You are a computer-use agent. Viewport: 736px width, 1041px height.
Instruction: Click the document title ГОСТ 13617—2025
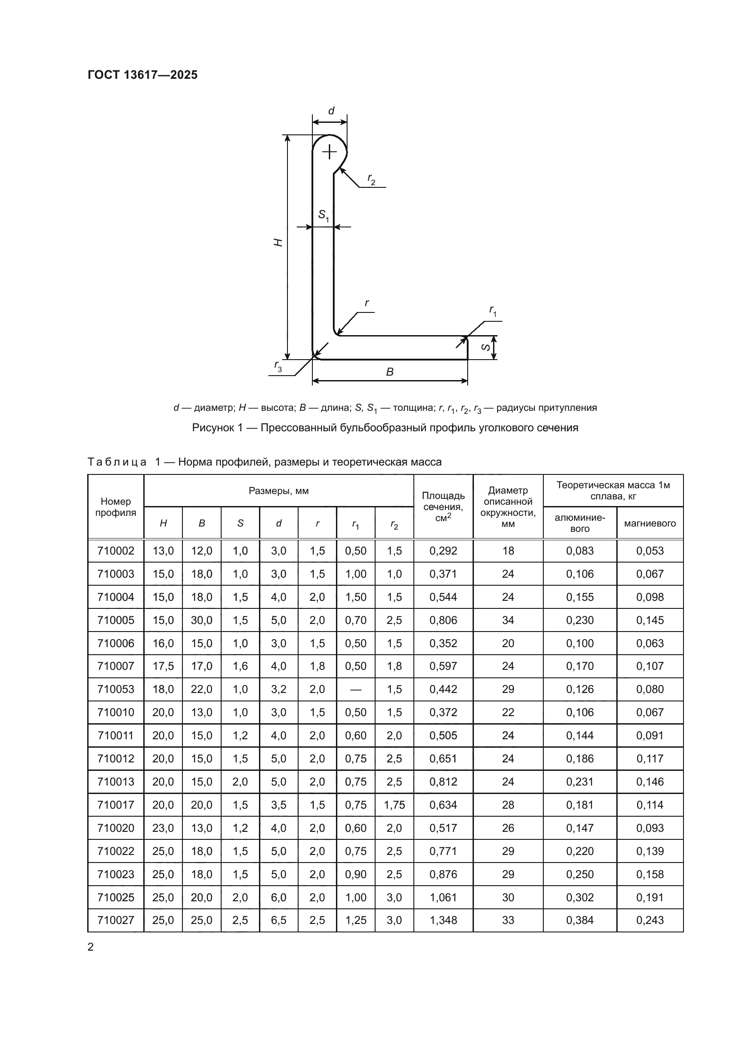pyautogui.click(x=143, y=75)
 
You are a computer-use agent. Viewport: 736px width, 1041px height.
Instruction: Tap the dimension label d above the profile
pyautogui.click(x=332, y=111)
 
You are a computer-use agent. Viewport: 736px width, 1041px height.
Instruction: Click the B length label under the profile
pyautogui.click(x=390, y=372)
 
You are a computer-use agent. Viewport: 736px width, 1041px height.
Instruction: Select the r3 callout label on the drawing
pyautogui.click(x=278, y=366)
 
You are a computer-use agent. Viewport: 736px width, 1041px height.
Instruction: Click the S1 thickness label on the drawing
pyautogui.click(x=324, y=215)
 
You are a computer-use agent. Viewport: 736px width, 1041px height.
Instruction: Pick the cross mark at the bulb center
pyautogui.click(x=329, y=151)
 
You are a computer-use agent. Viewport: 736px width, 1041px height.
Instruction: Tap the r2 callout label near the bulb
pyautogui.click(x=371, y=179)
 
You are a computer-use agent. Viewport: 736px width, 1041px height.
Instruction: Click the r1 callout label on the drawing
pyautogui.click(x=493, y=311)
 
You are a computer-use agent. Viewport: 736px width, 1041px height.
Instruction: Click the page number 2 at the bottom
pyautogui.click(x=91, y=947)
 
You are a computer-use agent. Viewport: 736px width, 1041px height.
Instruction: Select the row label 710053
pyautogui.click(x=116, y=689)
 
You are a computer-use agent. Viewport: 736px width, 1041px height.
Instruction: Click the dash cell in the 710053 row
pyautogui.click(x=356, y=689)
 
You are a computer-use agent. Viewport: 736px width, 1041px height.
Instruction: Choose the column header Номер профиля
pyautogui.click(x=116, y=507)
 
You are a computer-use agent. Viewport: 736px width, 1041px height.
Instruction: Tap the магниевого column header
pyautogui.click(x=650, y=523)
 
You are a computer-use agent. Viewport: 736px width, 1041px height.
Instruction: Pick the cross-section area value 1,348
pyautogui.click(x=443, y=920)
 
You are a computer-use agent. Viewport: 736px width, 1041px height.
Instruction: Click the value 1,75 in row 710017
pyautogui.click(x=394, y=805)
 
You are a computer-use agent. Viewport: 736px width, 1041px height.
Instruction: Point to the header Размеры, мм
pyautogui.click(x=279, y=490)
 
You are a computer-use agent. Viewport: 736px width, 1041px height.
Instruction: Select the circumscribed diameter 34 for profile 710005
pyautogui.click(x=508, y=620)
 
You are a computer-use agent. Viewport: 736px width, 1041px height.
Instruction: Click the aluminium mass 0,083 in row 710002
pyautogui.click(x=580, y=551)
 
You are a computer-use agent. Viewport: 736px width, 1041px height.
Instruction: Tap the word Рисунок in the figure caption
pyautogui.click(x=213, y=428)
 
